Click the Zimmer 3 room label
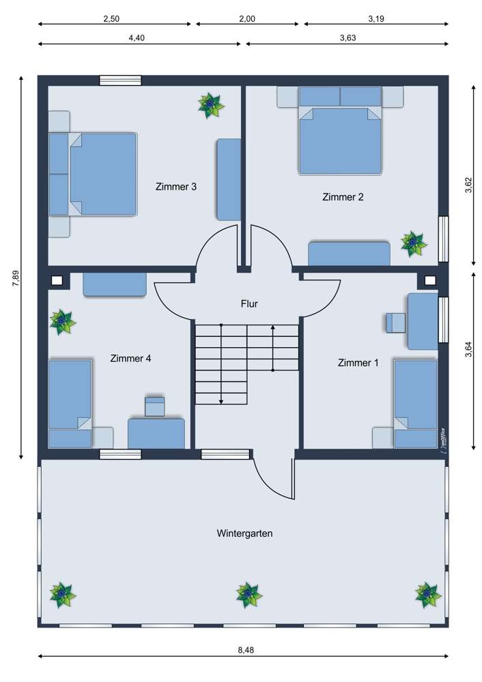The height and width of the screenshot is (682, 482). (x=176, y=186)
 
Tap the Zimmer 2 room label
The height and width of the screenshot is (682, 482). (x=343, y=197)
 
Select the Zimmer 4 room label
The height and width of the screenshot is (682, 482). (x=130, y=357)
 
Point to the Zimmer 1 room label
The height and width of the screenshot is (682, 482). (x=358, y=363)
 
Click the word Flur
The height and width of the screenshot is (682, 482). (x=249, y=303)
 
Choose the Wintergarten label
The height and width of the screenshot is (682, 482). (x=244, y=533)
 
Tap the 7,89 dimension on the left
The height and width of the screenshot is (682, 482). (x=16, y=280)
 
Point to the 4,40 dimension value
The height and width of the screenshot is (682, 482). (x=137, y=38)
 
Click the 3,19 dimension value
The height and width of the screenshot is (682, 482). (x=375, y=19)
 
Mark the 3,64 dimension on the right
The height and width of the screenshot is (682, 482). (x=468, y=349)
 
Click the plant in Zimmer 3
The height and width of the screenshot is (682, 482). (x=211, y=105)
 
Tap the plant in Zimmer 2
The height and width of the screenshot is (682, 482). (x=413, y=243)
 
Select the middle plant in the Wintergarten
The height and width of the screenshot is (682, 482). (x=249, y=595)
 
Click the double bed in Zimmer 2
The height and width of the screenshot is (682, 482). (x=339, y=140)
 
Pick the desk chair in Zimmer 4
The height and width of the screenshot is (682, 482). (x=155, y=406)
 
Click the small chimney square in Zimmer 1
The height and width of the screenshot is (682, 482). (x=430, y=280)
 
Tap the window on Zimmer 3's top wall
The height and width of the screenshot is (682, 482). (x=120, y=80)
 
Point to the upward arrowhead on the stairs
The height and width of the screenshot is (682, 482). (x=273, y=328)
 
